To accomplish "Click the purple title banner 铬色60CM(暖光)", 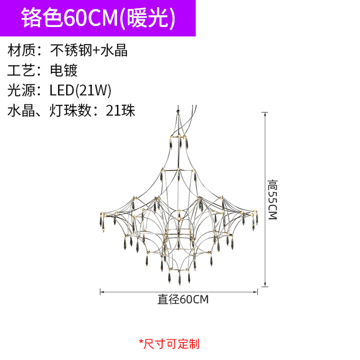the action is pyautogui.click(x=98, y=18).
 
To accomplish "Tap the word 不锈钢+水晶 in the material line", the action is pyautogui.click(x=89, y=50).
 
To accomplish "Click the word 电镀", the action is pyautogui.click(x=63, y=70).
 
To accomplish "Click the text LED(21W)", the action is pyautogui.click(x=80, y=90).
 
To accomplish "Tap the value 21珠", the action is pyautogui.click(x=121, y=111).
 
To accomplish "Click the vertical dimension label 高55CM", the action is pyautogui.click(x=272, y=199).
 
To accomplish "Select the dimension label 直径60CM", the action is pyautogui.click(x=183, y=299).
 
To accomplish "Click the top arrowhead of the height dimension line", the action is pyautogui.click(x=266, y=112).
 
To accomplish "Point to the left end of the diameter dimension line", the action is pyautogui.click(x=100, y=292).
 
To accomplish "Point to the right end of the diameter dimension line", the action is pyautogui.click(x=257, y=292).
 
